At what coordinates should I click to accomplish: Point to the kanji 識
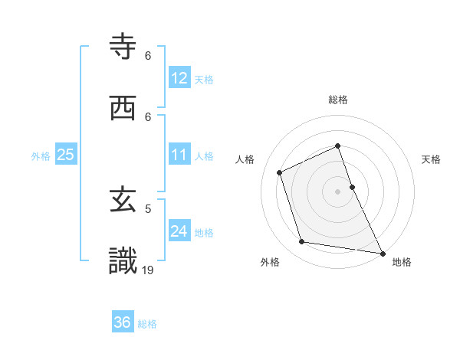(x=123, y=261)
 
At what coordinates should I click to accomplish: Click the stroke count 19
(x=149, y=269)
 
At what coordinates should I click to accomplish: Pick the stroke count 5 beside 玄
(x=148, y=208)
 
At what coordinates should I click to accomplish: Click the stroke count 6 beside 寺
(x=148, y=55)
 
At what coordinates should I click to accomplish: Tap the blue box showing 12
(x=179, y=78)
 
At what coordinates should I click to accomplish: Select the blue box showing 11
(x=179, y=155)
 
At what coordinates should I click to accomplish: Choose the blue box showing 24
(x=179, y=231)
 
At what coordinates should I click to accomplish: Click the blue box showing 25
(x=66, y=155)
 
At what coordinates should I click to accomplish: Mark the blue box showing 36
(x=123, y=322)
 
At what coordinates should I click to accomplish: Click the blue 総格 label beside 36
(x=147, y=324)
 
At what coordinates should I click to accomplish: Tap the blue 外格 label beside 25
(x=41, y=156)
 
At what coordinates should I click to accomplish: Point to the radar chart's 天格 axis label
(x=432, y=159)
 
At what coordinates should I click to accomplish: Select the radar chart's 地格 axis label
(x=402, y=262)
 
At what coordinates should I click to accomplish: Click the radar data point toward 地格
(x=382, y=252)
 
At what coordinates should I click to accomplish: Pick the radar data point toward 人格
(x=280, y=172)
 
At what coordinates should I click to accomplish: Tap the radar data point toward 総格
(x=337, y=146)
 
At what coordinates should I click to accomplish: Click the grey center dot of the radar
(x=337, y=191)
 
